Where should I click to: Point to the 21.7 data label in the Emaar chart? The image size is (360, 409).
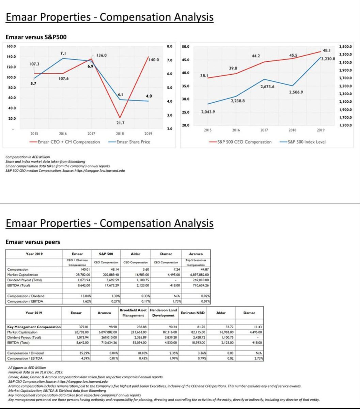tap(120, 123)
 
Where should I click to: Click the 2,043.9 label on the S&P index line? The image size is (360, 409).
tap(208, 112)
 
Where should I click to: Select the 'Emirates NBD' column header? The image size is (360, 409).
tap(193, 312)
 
